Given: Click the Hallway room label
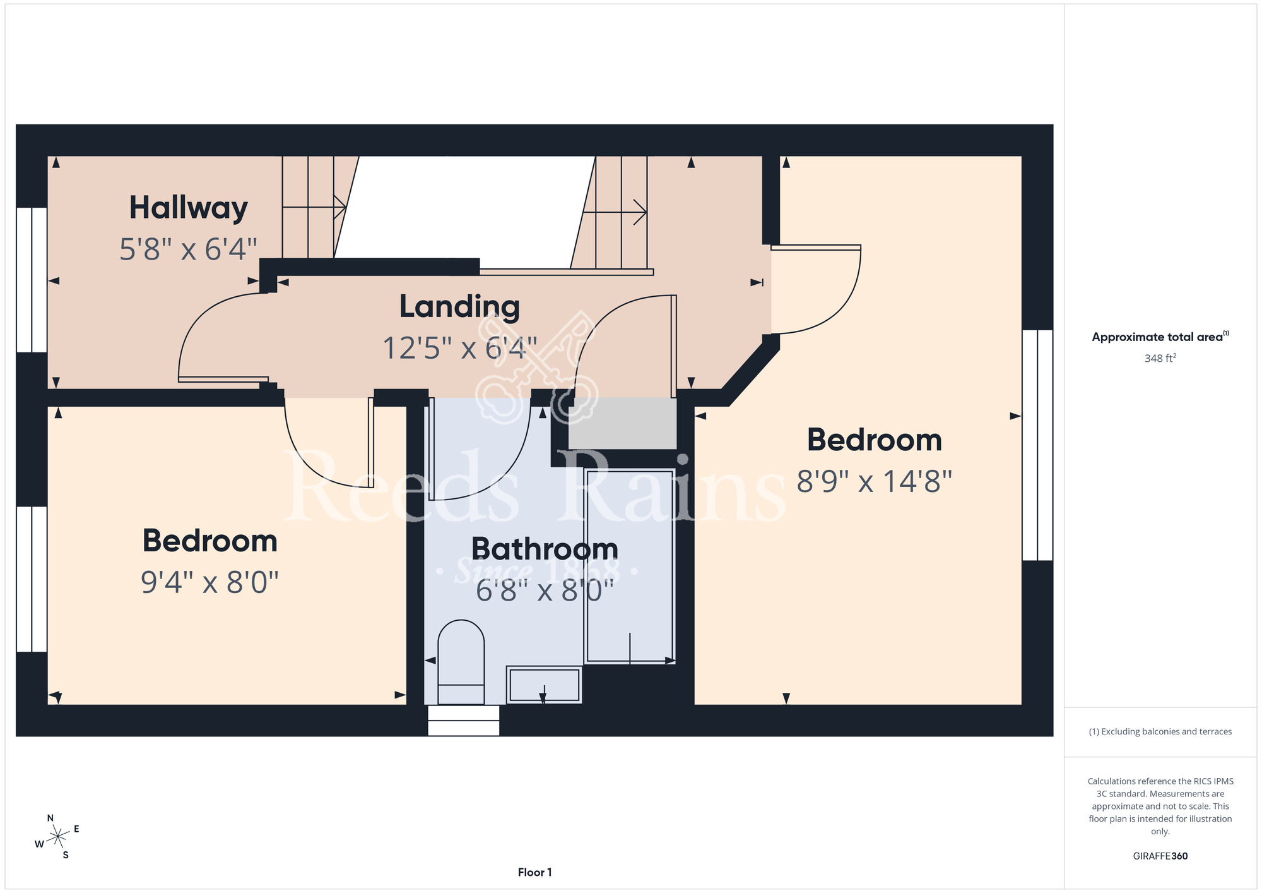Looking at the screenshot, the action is point(188,208).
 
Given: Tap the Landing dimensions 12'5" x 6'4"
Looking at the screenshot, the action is point(460,348).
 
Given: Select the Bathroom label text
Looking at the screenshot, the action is point(545,548).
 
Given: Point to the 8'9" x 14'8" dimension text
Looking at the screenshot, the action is point(874,481).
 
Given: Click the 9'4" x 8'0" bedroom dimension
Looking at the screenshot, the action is point(209,582).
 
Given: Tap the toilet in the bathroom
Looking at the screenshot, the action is point(461,662).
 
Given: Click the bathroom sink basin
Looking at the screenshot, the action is point(544,685).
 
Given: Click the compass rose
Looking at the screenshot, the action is point(57,837).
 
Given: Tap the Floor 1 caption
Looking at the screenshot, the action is point(534,872).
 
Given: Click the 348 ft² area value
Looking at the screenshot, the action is point(1160,358).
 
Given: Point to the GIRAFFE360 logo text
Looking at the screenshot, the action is point(1160,856).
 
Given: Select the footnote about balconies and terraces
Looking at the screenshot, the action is point(1160,731).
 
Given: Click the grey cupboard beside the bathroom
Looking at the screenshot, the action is point(622,423).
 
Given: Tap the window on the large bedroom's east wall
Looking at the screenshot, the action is point(1037,445).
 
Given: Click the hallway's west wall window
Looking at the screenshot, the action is point(32,280).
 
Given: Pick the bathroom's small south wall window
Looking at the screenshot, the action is point(464,721).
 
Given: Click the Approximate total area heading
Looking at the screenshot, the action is point(1160,337).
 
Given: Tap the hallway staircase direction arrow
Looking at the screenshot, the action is point(314,207).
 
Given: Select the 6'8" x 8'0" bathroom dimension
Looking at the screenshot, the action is point(545,591).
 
